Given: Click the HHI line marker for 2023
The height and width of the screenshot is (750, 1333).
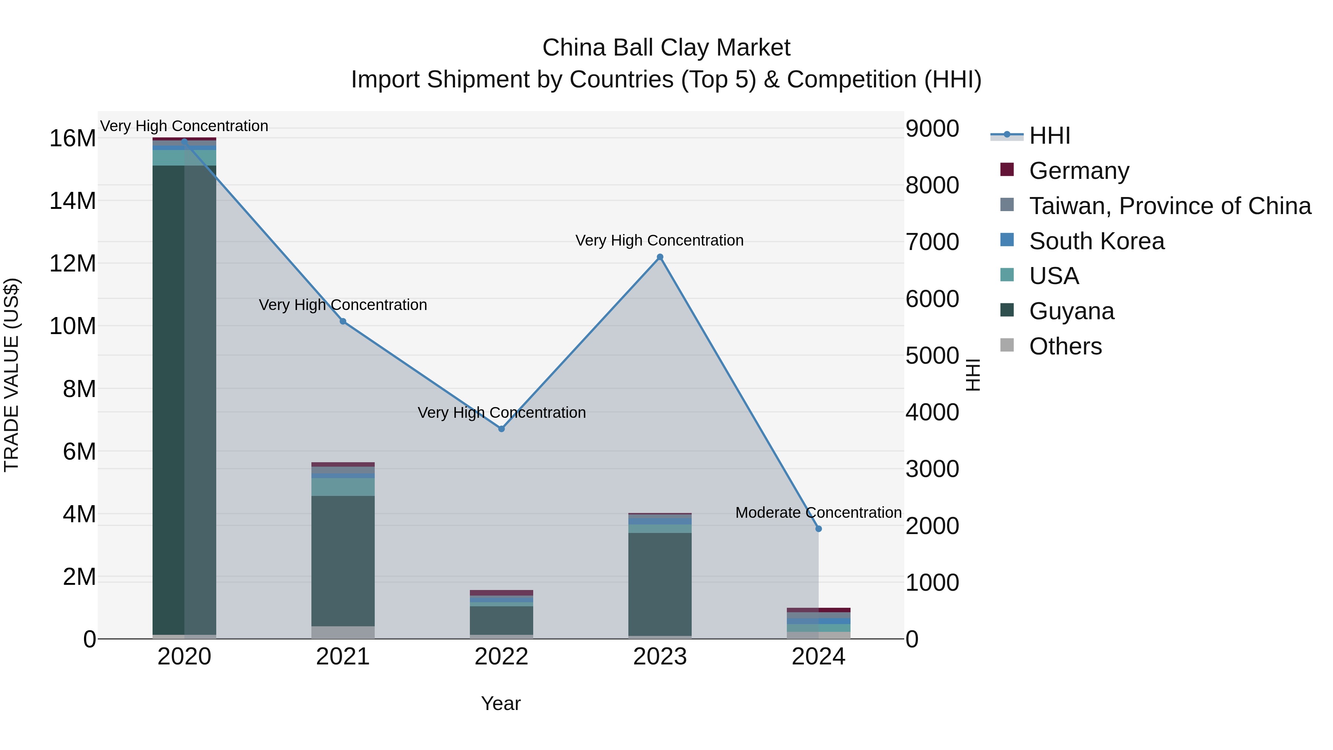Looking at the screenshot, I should tap(660, 257).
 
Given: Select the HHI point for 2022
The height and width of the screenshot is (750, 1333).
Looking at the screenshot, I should tap(501, 429).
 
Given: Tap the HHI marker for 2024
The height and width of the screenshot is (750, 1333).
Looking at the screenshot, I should tap(818, 529).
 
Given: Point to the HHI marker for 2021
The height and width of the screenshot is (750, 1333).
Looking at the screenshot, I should tap(343, 321).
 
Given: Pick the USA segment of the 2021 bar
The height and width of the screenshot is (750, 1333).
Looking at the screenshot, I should tap(343, 487).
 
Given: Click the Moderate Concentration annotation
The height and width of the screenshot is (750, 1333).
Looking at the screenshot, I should tap(818, 513).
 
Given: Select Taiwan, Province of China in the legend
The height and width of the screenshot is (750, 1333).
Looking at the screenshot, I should tap(1169, 206).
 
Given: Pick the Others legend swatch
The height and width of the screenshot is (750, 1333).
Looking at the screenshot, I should tap(1007, 345).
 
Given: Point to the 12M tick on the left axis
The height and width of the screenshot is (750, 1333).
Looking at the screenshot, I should tap(73, 263).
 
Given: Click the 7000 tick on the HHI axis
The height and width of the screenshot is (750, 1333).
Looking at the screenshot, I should tap(932, 242).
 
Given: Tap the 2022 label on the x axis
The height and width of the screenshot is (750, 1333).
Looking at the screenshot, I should tap(501, 657).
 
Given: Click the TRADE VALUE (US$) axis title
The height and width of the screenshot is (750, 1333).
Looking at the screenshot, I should tap(12, 375).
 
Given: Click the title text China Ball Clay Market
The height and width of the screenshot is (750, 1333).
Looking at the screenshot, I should tap(666, 48).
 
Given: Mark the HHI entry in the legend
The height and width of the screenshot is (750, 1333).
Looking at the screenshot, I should tap(1049, 136).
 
